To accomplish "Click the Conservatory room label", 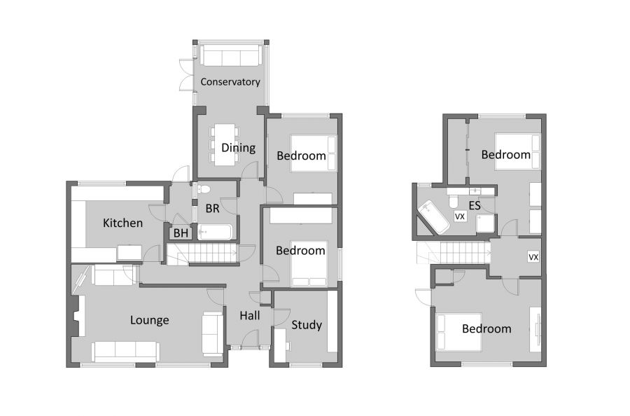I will [230, 82].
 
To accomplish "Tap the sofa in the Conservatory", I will [230, 55].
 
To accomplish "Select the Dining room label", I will [238, 148].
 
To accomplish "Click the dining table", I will [224, 144].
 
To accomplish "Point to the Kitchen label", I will [122, 223].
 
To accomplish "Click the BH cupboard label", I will [181, 233].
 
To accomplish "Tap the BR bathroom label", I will [213, 208].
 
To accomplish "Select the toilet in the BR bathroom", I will [204, 188].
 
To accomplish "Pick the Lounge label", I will [149, 320].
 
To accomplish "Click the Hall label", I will [249, 316].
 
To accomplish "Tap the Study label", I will [307, 325].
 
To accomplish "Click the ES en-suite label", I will [475, 206].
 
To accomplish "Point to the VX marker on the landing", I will [533, 257].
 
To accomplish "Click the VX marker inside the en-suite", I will [460, 217].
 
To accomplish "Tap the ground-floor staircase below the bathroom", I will [203, 254].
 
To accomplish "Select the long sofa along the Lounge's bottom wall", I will [125, 350].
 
